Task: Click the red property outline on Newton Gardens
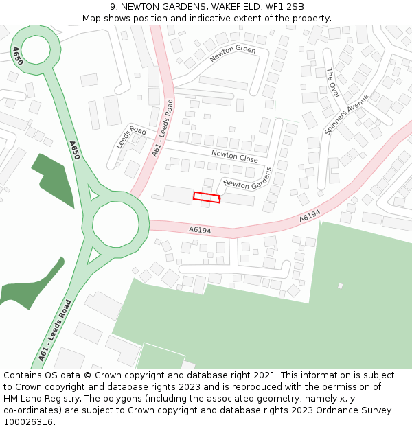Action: click(x=207, y=197)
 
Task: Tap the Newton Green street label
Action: click(x=233, y=54)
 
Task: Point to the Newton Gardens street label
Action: click(x=248, y=178)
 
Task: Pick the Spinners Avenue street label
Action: click(x=346, y=113)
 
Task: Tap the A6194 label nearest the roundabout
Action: click(x=200, y=230)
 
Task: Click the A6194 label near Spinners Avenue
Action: click(x=310, y=216)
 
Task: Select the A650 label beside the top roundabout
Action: click(x=17, y=56)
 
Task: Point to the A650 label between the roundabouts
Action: click(x=74, y=150)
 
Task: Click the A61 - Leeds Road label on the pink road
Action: click(x=162, y=129)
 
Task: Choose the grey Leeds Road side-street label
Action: click(x=131, y=137)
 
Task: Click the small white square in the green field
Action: click(x=340, y=286)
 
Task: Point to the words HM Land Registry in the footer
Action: click(x=38, y=398)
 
